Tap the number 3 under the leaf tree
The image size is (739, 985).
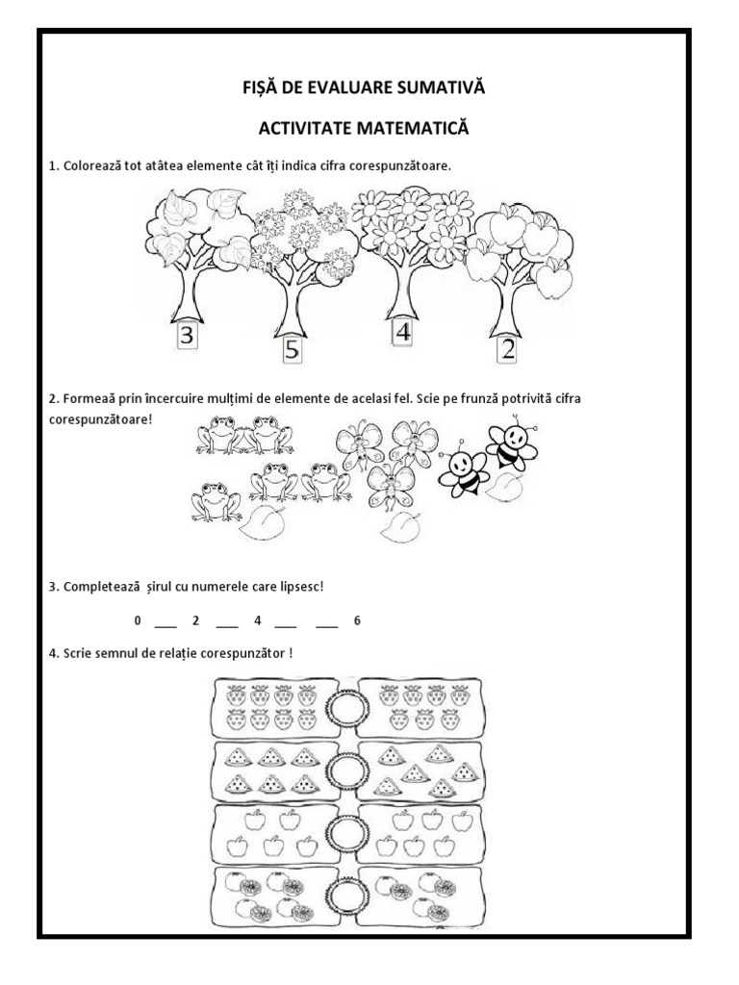point(188,338)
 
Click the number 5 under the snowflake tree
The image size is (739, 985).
point(293,350)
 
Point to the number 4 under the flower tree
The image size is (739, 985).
point(402,332)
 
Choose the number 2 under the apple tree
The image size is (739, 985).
point(507,349)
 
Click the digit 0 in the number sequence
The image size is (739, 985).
point(139,620)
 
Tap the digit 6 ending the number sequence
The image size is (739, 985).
point(357,620)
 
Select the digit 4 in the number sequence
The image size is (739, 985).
point(258,620)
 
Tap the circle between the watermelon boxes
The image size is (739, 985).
point(344,770)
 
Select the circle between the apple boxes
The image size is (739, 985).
point(344,832)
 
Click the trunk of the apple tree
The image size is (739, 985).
point(505,308)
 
